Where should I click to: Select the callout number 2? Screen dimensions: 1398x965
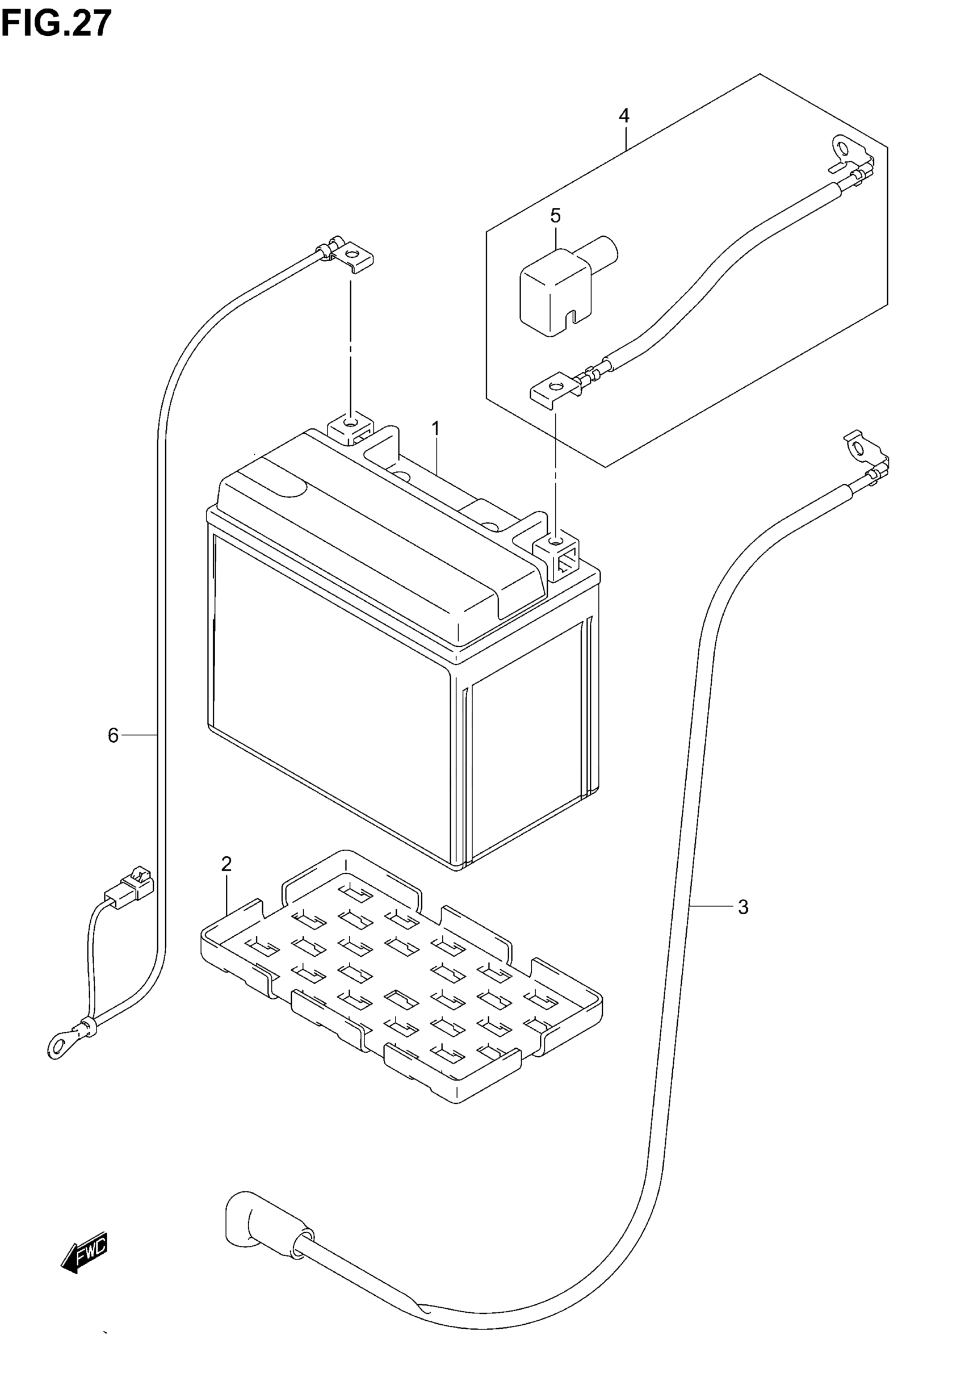pyautogui.click(x=226, y=864)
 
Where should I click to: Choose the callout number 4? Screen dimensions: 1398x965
pyautogui.click(x=624, y=115)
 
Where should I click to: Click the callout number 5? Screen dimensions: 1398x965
pyautogui.click(x=556, y=215)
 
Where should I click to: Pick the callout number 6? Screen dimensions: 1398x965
pyautogui.click(x=113, y=735)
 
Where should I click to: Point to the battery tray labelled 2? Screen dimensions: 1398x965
pyautogui.click(x=399, y=973)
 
